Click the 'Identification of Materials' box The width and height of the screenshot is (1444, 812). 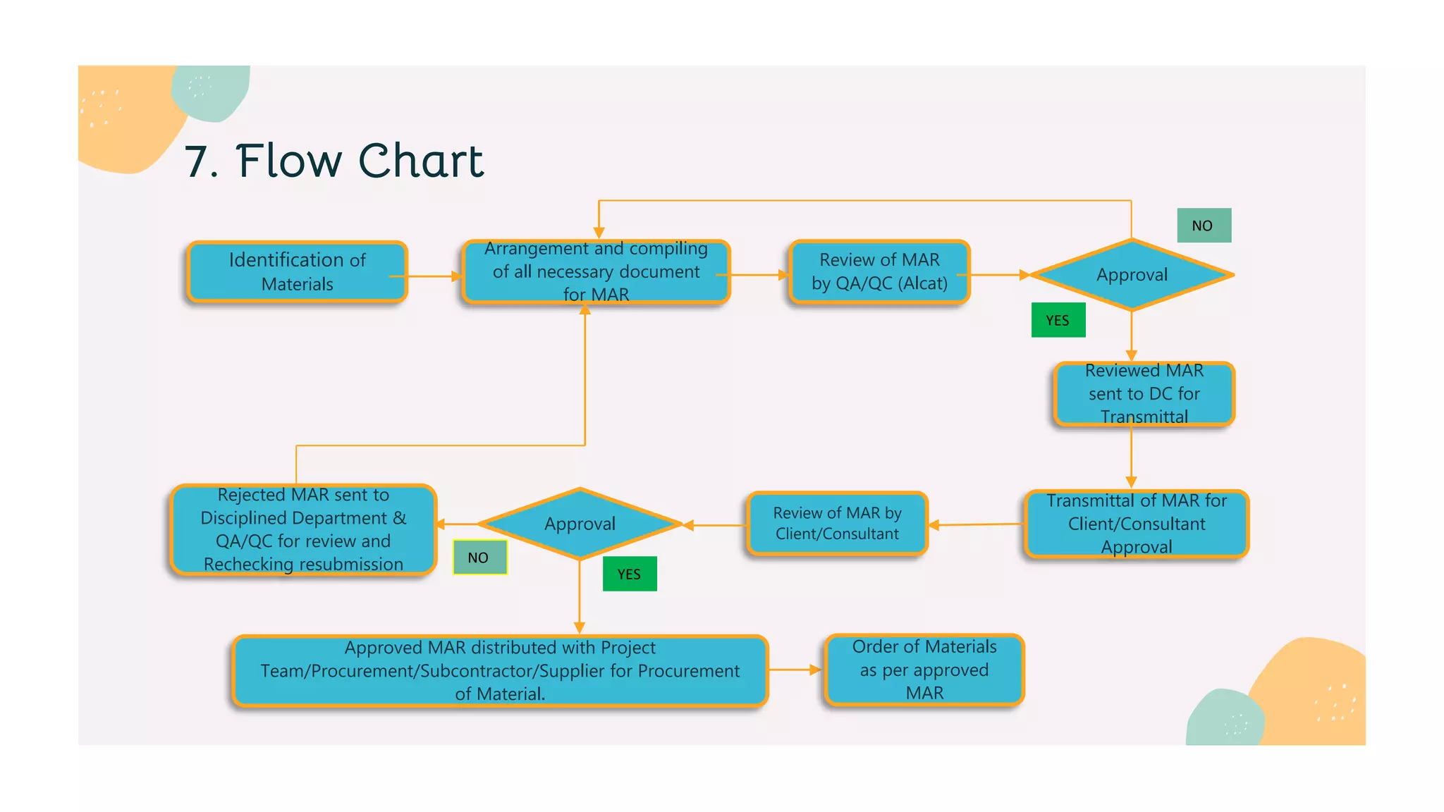pyautogui.click(x=297, y=272)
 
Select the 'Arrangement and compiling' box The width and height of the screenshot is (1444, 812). pyautogui.click(x=596, y=272)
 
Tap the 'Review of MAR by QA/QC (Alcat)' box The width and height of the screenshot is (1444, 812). pyautogui.click(x=879, y=272)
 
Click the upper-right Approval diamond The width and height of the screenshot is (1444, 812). pyautogui.click(x=1132, y=275)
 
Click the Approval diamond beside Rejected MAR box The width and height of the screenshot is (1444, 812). pyautogui.click(x=580, y=524)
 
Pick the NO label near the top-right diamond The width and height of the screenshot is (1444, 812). pyautogui.click(x=1204, y=226)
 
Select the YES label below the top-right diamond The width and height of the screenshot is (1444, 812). pyautogui.click(x=1058, y=320)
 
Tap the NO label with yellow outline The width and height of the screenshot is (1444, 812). pyautogui.click(x=479, y=558)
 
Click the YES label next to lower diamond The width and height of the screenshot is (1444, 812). pyautogui.click(x=630, y=574)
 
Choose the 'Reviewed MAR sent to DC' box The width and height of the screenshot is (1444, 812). pyautogui.click(x=1144, y=394)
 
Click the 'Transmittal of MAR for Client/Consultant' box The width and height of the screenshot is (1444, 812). pyautogui.click(x=1136, y=524)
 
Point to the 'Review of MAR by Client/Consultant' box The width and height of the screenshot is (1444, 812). pyautogui.click(x=837, y=524)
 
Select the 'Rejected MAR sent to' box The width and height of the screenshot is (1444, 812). pyautogui.click(x=303, y=529)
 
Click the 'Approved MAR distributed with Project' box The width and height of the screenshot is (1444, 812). pyautogui.click(x=499, y=670)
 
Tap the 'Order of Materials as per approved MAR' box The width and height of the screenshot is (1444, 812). pyautogui.click(x=924, y=670)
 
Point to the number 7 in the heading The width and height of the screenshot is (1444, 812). pyautogui.click(x=198, y=162)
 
